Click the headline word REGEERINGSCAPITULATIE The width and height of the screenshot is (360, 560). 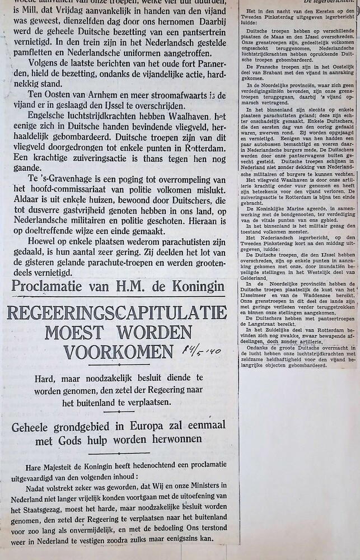coord(116,312)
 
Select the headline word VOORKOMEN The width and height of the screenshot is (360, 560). coord(118,352)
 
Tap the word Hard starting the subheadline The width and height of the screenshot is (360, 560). coord(46,379)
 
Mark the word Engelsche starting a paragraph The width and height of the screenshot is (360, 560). coord(43,118)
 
